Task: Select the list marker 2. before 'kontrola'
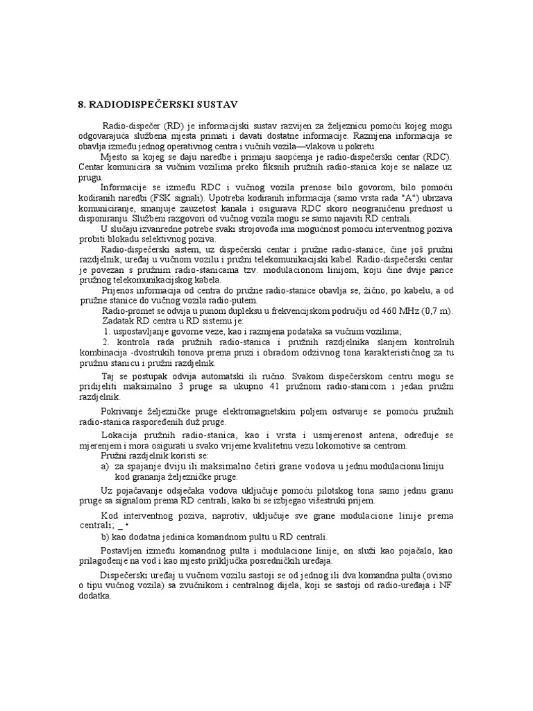106,342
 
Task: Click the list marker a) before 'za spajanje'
105,466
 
